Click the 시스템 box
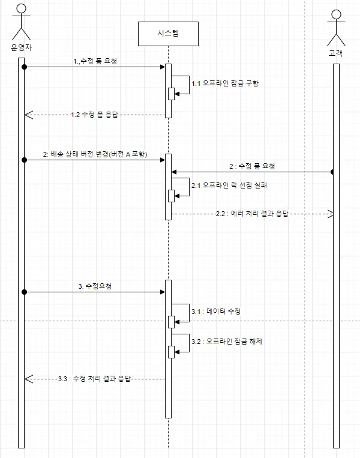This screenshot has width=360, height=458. click(168, 34)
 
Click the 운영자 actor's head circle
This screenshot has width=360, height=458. click(22, 8)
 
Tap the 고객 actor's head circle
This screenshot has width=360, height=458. click(337, 14)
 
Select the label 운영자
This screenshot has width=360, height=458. click(22, 47)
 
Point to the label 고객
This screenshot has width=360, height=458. click(336, 53)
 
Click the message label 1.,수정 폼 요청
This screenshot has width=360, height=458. click(95, 61)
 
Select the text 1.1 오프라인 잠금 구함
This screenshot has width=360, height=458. click(225, 83)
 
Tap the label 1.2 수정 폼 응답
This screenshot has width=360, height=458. click(94, 115)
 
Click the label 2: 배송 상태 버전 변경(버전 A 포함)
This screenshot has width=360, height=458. click(95, 154)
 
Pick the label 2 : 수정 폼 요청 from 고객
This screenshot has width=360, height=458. click(252, 166)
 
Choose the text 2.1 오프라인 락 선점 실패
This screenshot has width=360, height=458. click(229, 185)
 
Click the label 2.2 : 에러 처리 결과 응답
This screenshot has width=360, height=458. click(252, 214)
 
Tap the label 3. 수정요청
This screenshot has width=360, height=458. click(95, 286)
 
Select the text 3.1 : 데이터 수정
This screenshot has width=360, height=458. click(216, 312)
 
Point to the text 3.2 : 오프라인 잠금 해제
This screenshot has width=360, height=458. click(227, 341)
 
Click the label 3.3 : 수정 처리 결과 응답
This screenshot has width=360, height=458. click(94, 379)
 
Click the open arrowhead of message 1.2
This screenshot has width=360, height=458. click(29, 115)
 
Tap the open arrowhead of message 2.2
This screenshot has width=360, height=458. click(329, 214)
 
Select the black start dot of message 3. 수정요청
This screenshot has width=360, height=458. click(24, 292)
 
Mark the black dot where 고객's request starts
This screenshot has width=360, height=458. click(333, 172)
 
